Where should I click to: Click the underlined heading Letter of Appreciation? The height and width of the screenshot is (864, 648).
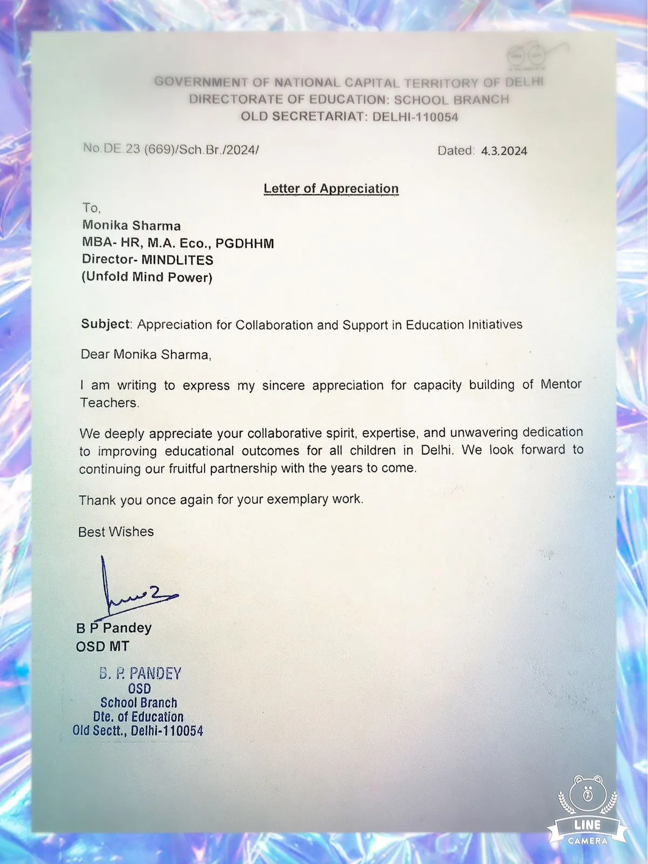331,188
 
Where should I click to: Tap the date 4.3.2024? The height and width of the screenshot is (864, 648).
504,151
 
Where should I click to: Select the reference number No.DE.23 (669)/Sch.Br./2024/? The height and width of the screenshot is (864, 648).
171,149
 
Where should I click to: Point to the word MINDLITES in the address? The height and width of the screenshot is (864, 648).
178,260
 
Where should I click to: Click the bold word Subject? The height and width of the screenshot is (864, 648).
106,324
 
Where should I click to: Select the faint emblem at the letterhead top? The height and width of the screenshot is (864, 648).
526,56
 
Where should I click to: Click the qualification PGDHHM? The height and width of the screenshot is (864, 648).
245,243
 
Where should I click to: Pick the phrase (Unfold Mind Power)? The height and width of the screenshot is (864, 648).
147,277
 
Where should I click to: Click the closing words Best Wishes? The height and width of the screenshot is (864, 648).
116,532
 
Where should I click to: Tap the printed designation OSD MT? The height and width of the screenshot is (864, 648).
103,646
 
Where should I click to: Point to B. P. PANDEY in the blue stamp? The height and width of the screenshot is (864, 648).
140,673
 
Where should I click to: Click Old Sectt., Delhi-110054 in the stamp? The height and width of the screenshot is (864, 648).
138,731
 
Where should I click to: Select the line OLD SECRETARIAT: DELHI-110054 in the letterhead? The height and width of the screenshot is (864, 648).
349,117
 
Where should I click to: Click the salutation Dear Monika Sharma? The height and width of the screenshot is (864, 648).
146,354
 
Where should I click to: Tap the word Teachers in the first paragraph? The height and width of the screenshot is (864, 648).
110,403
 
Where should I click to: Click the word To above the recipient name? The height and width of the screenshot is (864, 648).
91,208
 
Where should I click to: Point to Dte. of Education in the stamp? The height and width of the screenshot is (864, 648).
138,717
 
